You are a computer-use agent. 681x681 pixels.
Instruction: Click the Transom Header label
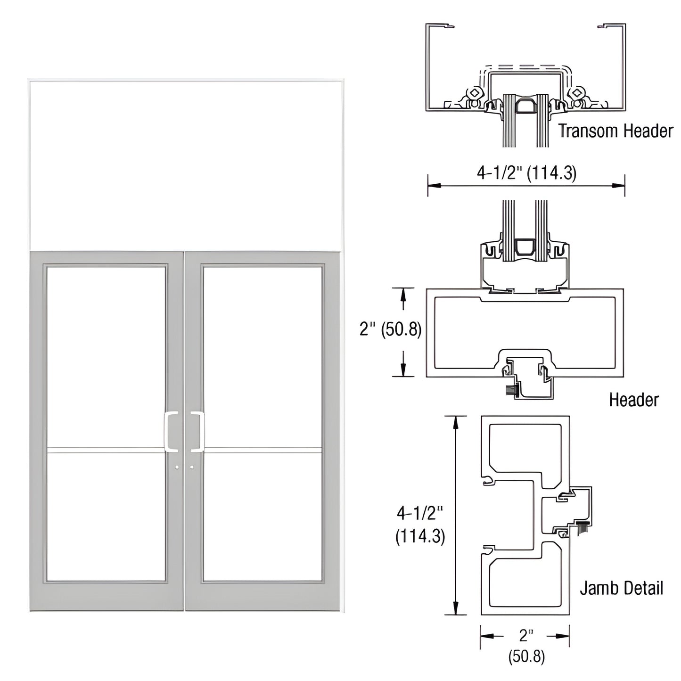coord(615,131)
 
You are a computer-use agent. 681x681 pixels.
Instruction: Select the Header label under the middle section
coord(633,400)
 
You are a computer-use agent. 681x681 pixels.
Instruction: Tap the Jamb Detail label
coord(621,588)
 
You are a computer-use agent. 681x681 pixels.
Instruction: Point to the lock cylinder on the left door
coord(177,468)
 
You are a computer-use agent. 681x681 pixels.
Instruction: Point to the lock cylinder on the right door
coord(192,468)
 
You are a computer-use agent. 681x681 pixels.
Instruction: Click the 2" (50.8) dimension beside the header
coord(390,329)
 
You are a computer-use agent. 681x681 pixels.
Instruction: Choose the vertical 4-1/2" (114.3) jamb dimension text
coord(419,524)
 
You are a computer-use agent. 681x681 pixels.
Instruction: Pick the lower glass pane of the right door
coord(263,516)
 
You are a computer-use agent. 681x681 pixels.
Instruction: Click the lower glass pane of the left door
coord(107,516)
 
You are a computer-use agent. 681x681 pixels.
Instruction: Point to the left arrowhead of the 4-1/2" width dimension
coord(431,185)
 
